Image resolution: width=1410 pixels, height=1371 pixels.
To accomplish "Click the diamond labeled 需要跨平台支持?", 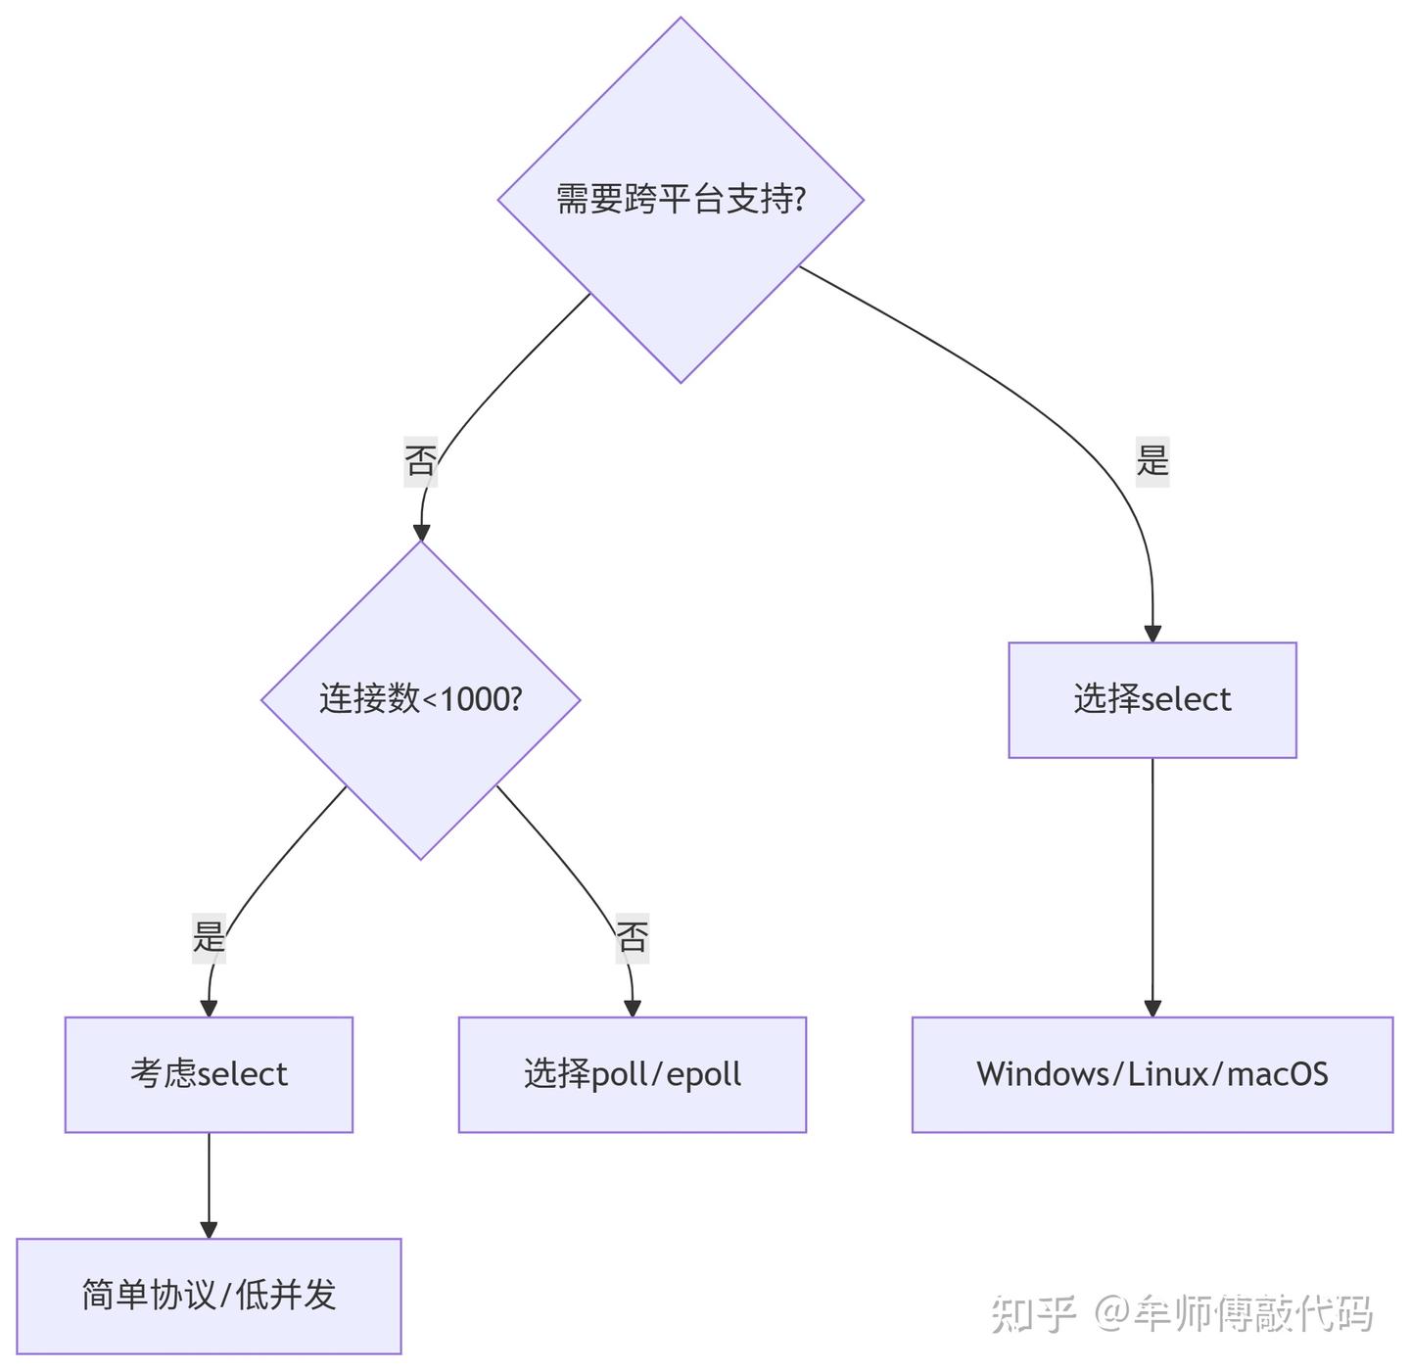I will click(681, 200).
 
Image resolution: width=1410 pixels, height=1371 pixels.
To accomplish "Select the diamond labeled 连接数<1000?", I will click(420, 699).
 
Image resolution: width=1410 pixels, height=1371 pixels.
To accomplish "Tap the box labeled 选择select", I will click(1151, 699).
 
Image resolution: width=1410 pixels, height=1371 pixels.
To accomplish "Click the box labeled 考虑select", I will click(209, 1074).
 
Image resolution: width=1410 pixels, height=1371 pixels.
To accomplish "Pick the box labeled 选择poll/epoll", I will click(632, 1074).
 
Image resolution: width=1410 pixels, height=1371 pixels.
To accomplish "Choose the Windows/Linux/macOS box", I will click(1151, 1074).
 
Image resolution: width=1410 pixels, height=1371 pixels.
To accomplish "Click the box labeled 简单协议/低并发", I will click(209, 1296).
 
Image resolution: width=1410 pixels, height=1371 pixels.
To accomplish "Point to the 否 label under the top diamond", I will click(420, 459).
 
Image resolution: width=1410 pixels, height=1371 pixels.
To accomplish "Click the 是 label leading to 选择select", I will click(1152, 458).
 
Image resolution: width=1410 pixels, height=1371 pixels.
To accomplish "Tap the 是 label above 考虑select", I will click(209, 936).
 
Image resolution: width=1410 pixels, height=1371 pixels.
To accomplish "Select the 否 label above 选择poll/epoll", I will click(632, 937).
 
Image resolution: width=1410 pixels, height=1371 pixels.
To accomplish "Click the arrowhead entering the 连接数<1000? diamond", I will click(421, 532).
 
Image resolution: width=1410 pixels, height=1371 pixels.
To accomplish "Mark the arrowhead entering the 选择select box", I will click(1152, 634).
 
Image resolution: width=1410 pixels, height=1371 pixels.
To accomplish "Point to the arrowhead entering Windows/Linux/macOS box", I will click(1152, 1008).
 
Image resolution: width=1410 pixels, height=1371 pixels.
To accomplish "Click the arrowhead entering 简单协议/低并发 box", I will click(209, 1229).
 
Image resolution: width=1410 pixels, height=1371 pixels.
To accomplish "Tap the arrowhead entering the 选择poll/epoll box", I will click(632, 1008).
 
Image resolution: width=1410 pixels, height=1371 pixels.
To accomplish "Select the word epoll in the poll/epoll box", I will click(703, 1074).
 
